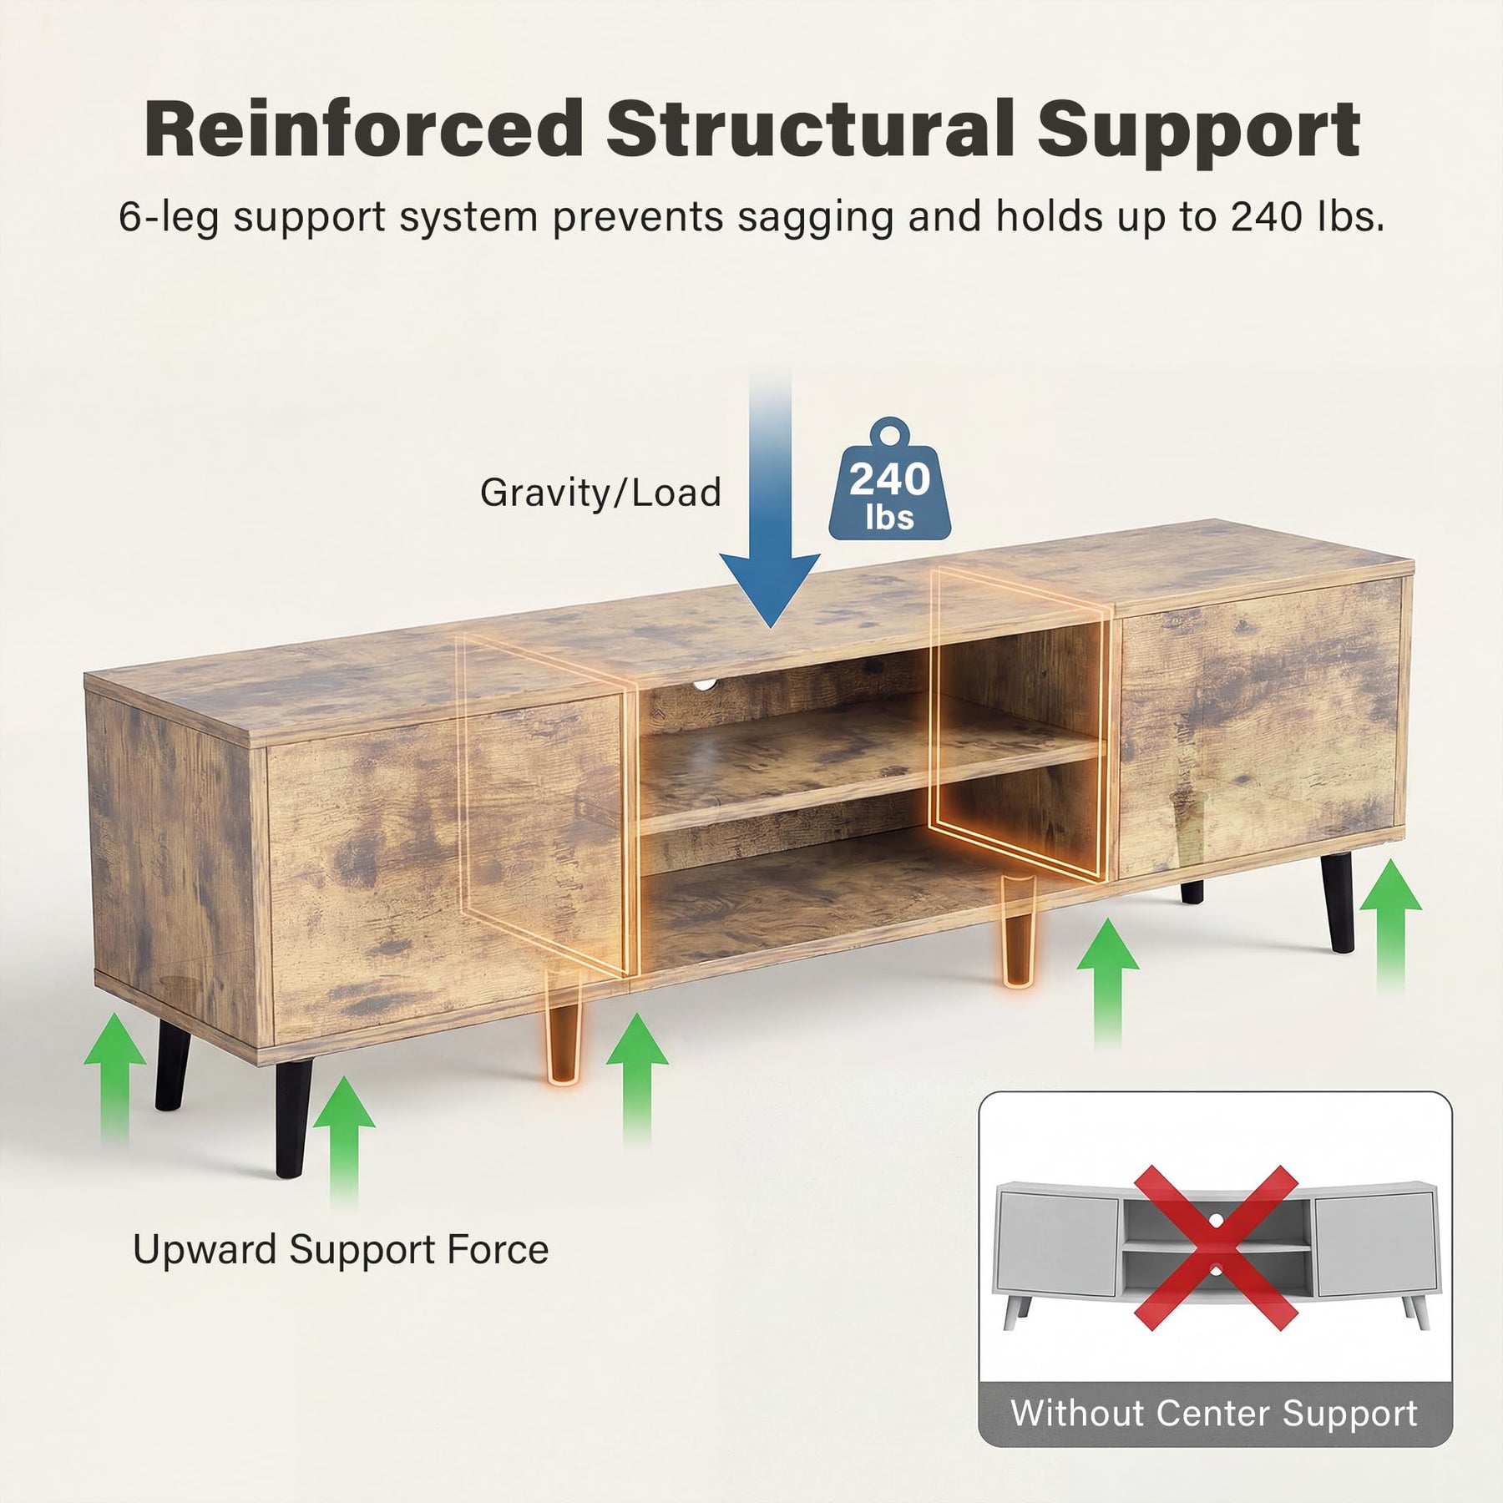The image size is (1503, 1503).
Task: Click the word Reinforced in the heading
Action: click(x=364, y=129)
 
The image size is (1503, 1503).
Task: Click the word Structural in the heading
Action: click(x=810, y=129)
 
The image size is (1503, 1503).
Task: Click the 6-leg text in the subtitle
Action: click(x=169, y=217)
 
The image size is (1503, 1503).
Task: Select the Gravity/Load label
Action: click(x=600, y=492)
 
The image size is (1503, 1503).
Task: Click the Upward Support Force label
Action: click(x=341, y=1250)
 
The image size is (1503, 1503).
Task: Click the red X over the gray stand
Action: click(x=1215, y=1248)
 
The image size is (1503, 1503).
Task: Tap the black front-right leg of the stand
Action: click(x=1339, y=902)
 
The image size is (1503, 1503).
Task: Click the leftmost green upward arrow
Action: click(x=115, y=1077)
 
